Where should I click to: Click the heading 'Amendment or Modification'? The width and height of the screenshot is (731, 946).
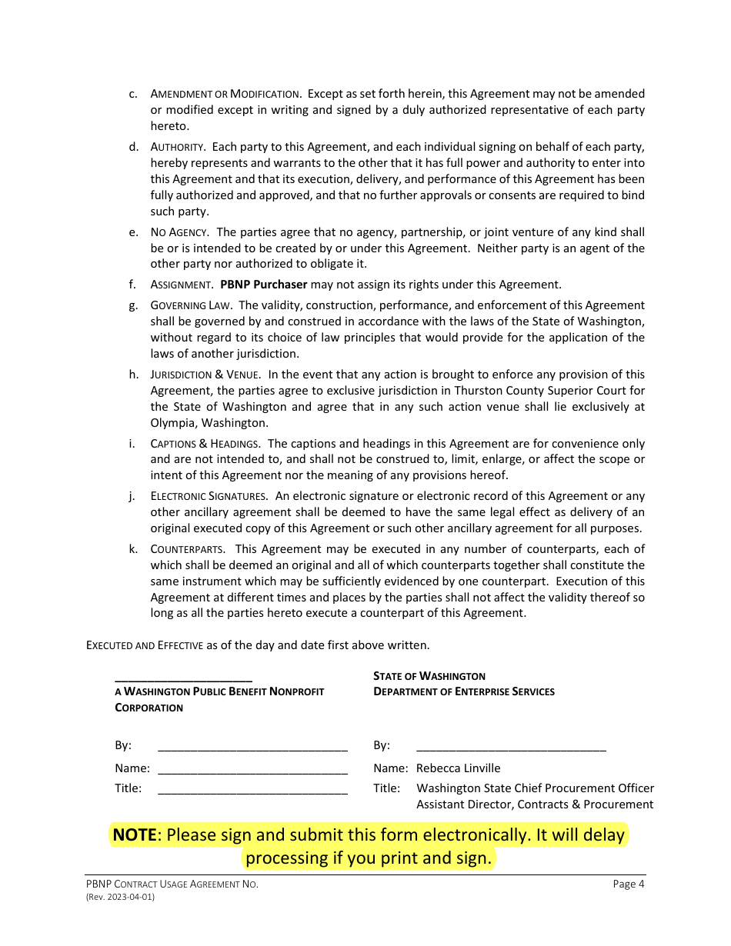click(225, 94)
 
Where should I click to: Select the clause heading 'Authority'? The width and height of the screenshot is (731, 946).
click(177, 147)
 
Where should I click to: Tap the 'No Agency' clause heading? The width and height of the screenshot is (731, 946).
click(179, 232)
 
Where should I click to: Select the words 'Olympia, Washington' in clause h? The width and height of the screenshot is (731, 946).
click(209, 423)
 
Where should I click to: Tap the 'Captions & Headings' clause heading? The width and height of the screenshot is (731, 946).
click(204, 444)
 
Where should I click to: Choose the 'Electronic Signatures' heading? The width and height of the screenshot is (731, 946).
click(209, 497)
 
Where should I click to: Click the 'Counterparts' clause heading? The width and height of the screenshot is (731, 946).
click(188, 549)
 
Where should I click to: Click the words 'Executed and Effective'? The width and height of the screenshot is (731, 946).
click(145, 645)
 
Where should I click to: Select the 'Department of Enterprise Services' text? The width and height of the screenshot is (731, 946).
click(463, 691)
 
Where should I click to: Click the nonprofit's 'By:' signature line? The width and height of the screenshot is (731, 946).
click(252, 746)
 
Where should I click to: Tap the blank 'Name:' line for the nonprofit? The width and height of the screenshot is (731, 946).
click(252, 769)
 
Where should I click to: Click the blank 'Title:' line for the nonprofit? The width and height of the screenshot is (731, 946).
click(252, 789)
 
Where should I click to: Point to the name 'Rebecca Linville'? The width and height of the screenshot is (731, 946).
click(458, 768)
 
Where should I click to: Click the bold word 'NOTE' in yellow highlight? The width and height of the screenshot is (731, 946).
click(135, 835)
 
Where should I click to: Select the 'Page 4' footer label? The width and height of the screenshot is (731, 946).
click(628, 884)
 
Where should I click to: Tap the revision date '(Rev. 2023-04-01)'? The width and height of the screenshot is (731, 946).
click(120, 897)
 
